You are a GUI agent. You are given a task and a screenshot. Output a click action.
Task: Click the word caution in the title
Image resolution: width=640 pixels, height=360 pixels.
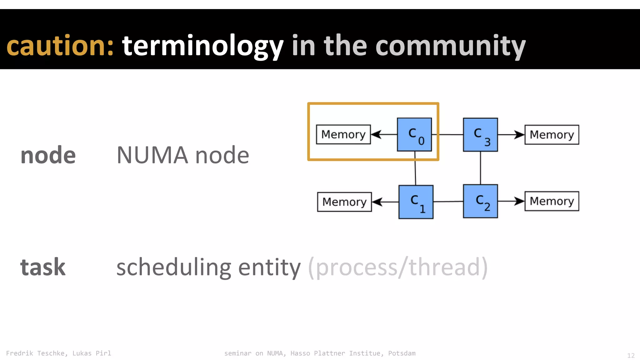59,46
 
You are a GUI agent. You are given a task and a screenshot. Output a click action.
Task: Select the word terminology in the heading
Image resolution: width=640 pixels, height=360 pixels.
202,46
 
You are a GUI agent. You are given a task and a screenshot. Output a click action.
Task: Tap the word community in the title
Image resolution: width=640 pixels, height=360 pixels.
450,46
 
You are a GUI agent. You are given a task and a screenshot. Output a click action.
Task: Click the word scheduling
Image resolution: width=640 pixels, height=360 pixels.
173,267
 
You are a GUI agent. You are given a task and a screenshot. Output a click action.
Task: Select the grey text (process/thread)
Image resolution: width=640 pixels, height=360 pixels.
397,267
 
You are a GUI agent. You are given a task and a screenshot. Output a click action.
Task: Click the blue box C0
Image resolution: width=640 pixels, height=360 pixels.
414,135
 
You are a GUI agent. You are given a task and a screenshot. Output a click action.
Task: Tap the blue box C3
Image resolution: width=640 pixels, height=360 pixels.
480,135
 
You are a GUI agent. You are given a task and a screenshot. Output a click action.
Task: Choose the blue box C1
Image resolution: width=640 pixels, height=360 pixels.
416,202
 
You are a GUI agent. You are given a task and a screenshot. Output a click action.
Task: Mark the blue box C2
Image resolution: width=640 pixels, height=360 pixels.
480,201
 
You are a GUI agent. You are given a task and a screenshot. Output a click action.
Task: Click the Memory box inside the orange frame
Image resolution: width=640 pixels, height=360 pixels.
343,134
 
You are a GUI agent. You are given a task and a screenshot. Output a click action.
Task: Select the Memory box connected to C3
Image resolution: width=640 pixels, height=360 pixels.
552,135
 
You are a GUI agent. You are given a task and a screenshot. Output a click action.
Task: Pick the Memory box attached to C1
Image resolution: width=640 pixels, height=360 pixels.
344,202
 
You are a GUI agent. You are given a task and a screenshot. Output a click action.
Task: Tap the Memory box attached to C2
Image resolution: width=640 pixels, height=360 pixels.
552,201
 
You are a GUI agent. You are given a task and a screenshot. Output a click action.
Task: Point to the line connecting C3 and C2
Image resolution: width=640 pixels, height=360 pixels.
480,168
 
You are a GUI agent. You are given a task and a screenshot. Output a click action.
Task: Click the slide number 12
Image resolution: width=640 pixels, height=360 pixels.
631,356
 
